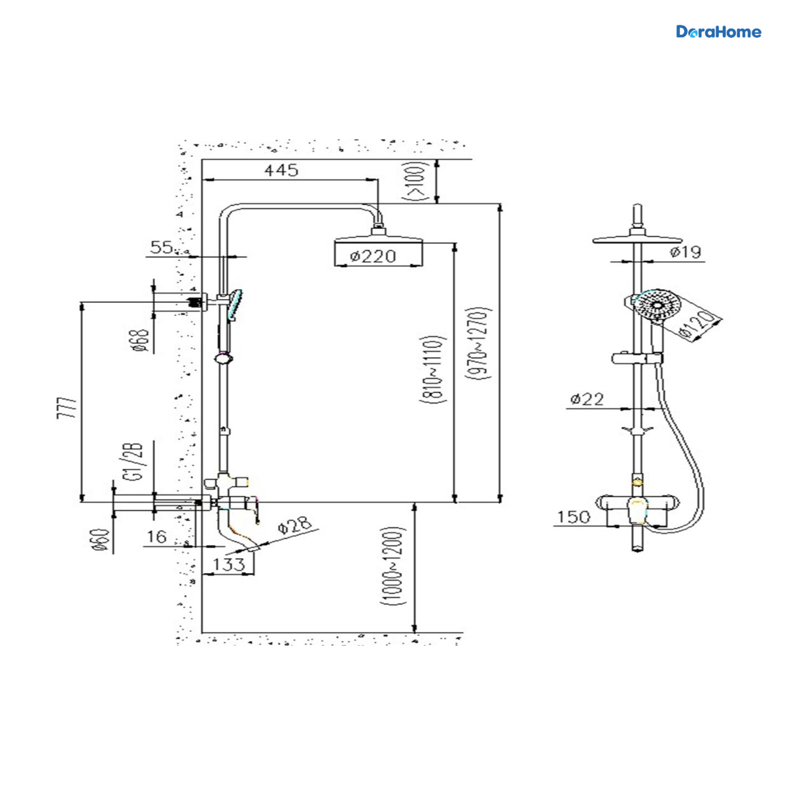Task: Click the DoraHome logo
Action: coord(718,32)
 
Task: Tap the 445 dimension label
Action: coord(281,170)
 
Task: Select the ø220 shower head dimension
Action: coord(372,256)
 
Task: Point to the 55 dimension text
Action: coord(162,247)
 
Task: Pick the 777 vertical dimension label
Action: coord(67,408)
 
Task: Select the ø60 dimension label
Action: coord(101,540)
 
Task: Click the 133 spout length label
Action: coord(229,564)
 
